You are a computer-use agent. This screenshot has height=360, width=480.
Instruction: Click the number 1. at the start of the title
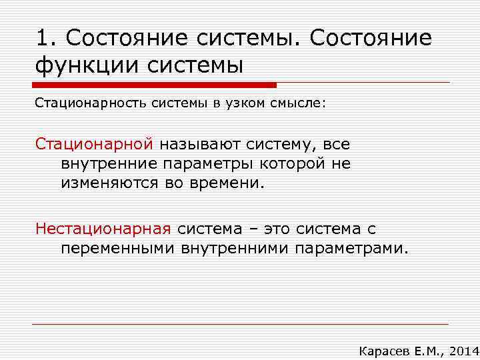coord(46,39)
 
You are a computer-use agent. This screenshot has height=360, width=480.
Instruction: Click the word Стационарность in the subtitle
coord(81,103)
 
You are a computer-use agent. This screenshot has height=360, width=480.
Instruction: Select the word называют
coord(203,144)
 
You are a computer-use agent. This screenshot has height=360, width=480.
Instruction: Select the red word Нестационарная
coord(103,229)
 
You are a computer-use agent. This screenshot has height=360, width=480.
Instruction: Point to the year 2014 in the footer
coord(464,350)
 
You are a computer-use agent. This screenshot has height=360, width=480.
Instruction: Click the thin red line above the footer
coord(240,324)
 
